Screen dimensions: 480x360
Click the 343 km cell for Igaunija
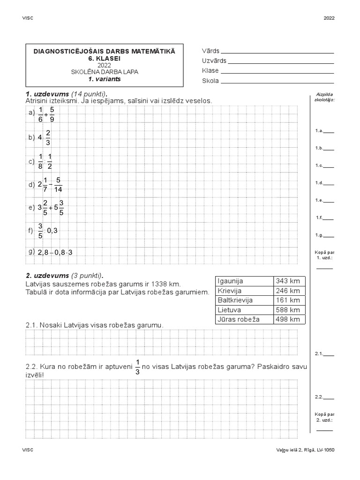pyautogui.click(x=289, y=281)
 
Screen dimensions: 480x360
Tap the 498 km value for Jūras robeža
pyautogui.click(x=289, y=320)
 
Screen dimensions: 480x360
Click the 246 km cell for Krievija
pyautogui.click(x=289, y=291)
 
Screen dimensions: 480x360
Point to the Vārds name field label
pyautogui.click(x=210, y=51)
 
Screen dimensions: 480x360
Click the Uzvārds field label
pyautogui.click(x=214, y=60)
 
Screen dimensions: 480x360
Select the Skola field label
pyautogui.click(x=210, y=81)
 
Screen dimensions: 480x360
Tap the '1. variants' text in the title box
pyautogui.click(x=105, y=79)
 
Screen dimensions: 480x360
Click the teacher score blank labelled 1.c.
pyautogui.click(x=329, y=165)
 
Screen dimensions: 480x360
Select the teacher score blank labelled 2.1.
pyautogui.click(x=329, y=354)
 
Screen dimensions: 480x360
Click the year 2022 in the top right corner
pyautogui.click(x=330, y=18)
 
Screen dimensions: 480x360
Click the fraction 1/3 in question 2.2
pyautogui.click(x=138, y=366)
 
